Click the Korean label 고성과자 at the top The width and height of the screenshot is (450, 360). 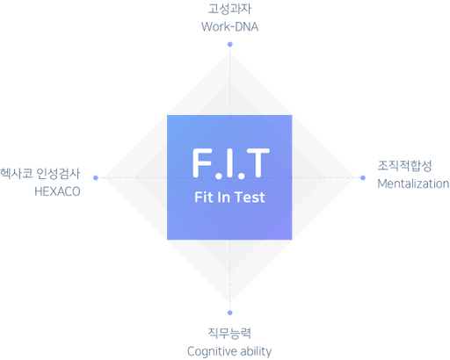point(229,9)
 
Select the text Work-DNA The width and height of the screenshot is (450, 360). point(230,27)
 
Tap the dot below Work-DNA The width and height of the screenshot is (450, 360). point(230,44)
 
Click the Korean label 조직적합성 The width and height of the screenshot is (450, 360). point(404,166)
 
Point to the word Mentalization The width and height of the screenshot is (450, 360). point(413,184)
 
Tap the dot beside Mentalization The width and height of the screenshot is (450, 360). point(363,177)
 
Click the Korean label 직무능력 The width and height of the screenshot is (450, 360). point(229,333)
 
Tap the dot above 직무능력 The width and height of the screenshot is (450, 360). point(230,313)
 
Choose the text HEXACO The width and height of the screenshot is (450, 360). point(57,191)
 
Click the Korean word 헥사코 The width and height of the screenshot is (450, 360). point(17,174)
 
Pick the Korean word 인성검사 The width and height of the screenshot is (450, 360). point(58,174)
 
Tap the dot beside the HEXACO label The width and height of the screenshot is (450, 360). point(96,177)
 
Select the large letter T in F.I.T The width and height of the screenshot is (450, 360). point(258,162)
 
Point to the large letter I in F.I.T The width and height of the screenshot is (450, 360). point(230,162)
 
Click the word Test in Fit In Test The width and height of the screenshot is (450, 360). point(250,197)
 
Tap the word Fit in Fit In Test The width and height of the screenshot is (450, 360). point(204,197)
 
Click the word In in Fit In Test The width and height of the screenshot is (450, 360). point(224,197)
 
